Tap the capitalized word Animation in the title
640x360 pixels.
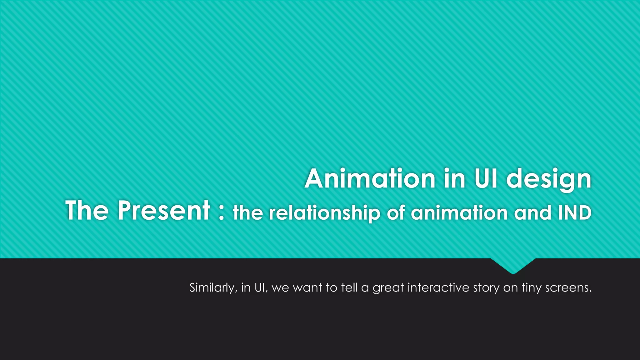pos(370,179)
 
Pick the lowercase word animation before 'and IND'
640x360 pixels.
pos(459,213)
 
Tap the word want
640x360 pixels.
pos(307,287)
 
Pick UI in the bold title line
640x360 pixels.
pos(486,179)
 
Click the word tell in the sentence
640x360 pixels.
pos(349,287)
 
